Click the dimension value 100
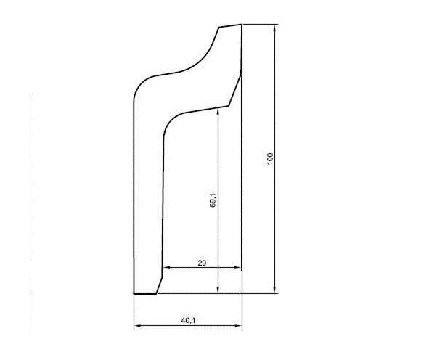(x=269, y=159)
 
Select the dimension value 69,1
(x=212, y=200)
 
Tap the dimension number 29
(x=202, y=263)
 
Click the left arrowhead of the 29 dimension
(x=163, y=268)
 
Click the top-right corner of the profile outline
(x=241, y=25)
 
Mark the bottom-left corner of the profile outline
(x=134, y=294)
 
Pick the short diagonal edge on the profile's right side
(x=235, y=89)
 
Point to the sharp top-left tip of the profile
(x=219, y=28)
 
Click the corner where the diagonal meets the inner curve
(x=229, y=105)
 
